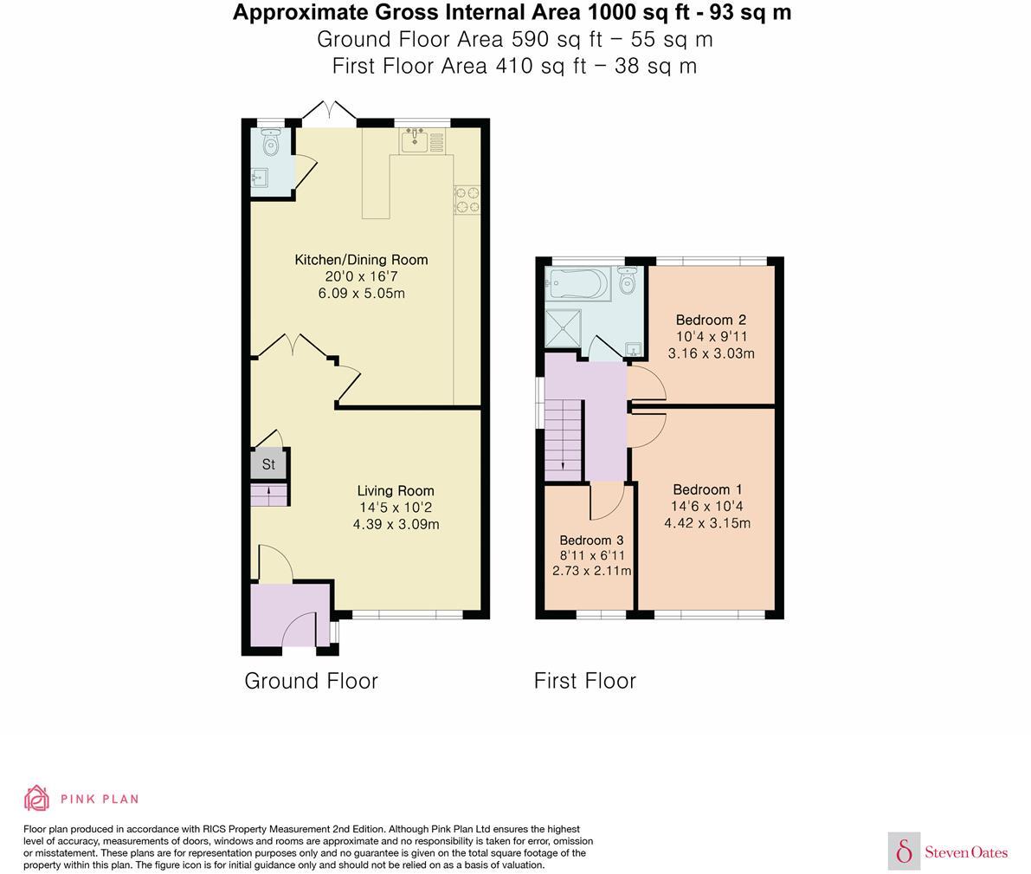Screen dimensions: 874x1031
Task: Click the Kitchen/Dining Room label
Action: coord(361,260)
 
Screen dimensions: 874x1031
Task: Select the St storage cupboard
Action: coord(268,464)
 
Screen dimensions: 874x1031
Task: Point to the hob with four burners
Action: coord(467,200)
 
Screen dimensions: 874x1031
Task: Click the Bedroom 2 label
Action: coord(711,320)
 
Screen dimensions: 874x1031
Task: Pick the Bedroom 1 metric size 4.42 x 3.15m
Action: coord(707,523)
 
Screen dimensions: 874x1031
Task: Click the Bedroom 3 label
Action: coord(591,540)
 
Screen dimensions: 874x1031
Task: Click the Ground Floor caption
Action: coord(311,681)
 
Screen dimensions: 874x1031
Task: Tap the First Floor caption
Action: coord(585,681)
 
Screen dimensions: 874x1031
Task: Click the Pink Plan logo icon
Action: coord(36,798)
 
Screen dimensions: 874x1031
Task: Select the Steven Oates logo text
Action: coord(966,852)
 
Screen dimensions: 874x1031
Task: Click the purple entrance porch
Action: coord(289,615)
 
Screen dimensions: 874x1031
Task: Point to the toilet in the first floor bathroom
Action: coord(628,282)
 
